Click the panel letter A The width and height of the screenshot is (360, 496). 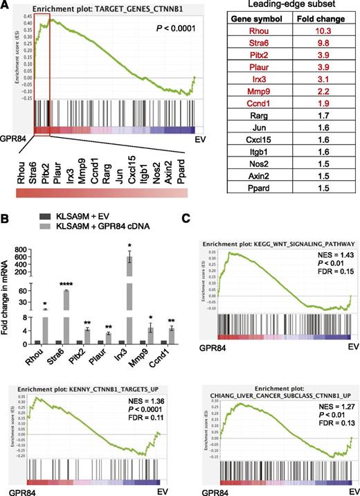tap(5, 6)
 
